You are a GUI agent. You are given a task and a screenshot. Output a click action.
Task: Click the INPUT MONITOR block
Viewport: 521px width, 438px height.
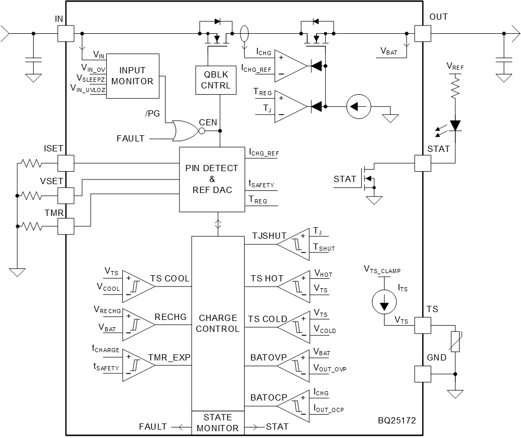(x=132, y=76)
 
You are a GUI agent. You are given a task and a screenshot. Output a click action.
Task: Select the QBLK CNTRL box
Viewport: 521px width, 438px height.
(x=215, y=80)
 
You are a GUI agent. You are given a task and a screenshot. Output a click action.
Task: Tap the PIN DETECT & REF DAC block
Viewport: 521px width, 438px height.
(x=212, y=179)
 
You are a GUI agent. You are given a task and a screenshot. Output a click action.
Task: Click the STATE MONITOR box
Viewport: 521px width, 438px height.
(x=218, y=423)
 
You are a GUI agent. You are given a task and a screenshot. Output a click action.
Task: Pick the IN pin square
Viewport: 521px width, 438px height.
(x=66, y=34)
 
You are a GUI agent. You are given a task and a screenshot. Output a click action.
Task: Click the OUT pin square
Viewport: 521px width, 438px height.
(x=423, y=34)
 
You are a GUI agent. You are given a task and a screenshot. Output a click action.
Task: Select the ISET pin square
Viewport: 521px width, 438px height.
(x=66, y=163)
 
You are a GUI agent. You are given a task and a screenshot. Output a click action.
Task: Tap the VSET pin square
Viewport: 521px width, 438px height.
(x=66, y=196)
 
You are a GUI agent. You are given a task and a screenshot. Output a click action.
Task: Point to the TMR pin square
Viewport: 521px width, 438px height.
(x=66, y=227)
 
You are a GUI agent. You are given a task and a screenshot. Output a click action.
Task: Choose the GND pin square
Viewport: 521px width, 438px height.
(x=423, y=373)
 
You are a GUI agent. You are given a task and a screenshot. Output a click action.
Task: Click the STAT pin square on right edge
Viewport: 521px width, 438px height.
(x=423, y=163)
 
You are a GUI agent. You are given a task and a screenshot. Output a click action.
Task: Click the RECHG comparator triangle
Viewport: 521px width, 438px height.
(x=137, y=324)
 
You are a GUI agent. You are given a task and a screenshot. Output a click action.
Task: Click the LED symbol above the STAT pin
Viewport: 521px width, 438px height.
(x=456, y=125)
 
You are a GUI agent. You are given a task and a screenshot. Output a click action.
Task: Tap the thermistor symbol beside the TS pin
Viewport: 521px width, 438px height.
(x=455, y=341)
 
